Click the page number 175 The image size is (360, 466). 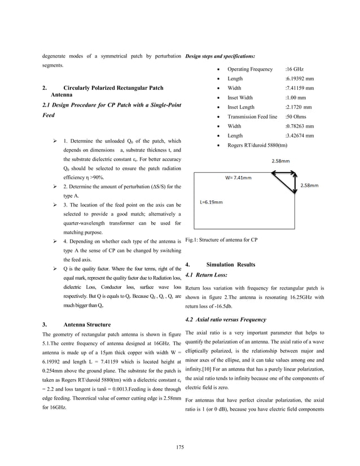pos(180,447)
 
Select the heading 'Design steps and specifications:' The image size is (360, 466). pos(220,56)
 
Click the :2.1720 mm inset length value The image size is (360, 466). pos(299,107)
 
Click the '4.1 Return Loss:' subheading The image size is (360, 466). pos(206,275)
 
